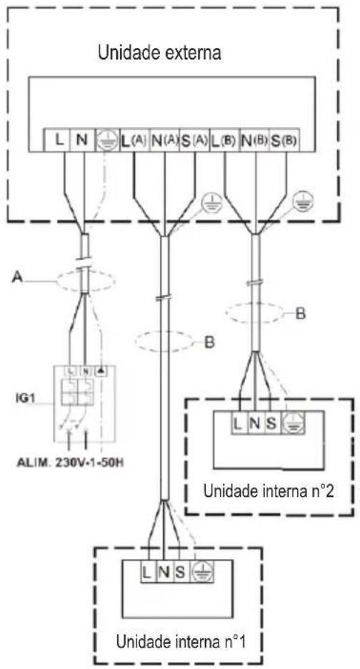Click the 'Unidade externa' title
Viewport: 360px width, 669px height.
click(160, 54)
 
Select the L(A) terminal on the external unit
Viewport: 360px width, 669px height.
click(134, 140)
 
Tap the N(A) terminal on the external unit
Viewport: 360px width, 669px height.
click(164, 140)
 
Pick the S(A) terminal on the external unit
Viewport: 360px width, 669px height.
click(194, 140)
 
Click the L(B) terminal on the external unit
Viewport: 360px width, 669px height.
click(224, 140)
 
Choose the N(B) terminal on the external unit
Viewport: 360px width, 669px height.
click(254, 140)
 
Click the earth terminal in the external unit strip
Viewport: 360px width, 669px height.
click(106, 140)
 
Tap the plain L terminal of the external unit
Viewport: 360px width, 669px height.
click(61, 140)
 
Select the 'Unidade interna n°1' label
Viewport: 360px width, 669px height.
click(181, 641)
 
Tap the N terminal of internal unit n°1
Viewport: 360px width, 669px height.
click(164, 572)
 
